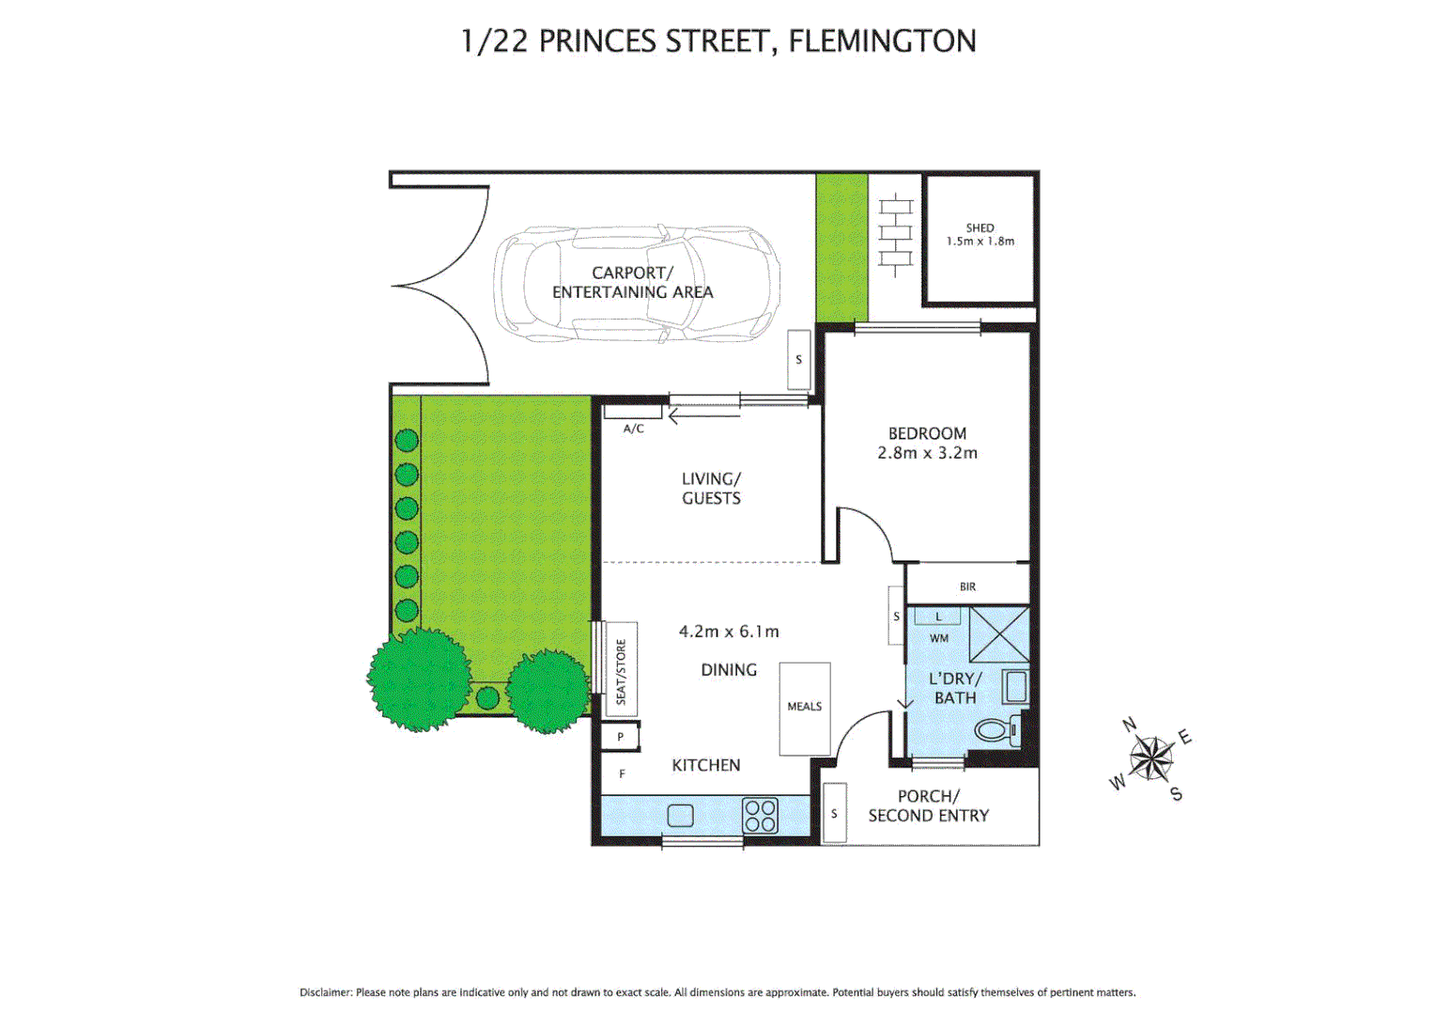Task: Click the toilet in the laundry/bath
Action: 995,729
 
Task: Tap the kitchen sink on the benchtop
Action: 680,815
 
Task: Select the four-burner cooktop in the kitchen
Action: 760,815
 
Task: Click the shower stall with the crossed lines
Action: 999,634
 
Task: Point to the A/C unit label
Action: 634,429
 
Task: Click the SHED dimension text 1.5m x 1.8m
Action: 980,242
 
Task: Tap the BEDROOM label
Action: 927,433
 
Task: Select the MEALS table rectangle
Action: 805,708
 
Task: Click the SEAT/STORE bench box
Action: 620,669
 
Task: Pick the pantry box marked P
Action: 621,738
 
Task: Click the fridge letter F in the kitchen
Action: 622,773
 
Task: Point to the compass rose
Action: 1150,757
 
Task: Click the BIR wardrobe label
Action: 967,586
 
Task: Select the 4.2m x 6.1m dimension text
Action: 729,632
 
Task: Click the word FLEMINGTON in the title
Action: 882,41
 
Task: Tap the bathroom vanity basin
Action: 1015,686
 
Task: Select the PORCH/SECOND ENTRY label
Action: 928,806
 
